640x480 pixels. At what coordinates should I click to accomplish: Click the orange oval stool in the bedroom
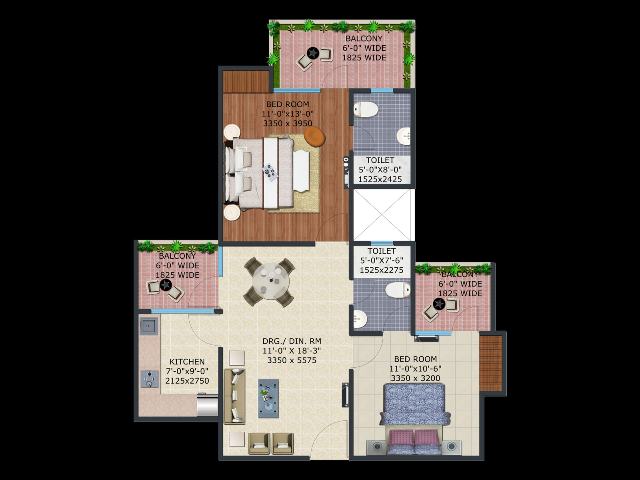coord(314,136)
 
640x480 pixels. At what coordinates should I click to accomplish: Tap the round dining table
coord(271,281)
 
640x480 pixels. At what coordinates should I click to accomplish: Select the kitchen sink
coord(149,326)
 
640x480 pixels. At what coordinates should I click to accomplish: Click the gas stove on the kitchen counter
coord(150,379)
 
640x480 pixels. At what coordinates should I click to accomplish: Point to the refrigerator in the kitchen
coord(207,405)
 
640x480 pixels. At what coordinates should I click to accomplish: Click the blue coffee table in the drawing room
coord(268,398)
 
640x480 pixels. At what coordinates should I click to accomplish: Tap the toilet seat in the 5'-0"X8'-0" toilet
coord(366,110)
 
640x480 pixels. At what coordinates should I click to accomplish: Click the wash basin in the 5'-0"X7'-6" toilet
coord(360,319)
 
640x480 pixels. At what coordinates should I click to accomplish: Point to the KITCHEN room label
coord(187,362)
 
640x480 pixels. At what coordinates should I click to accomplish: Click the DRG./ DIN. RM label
coord(292,341)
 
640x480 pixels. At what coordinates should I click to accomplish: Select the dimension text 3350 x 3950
coord(288,123)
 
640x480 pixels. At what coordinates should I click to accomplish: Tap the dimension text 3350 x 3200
coord(416,378)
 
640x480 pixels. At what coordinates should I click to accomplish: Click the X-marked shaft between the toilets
coord(382,215)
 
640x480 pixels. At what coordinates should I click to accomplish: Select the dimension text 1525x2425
coord(380,179)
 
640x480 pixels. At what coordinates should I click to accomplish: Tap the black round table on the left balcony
coord(166,285)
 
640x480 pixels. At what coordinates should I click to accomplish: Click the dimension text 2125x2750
coord(187,381)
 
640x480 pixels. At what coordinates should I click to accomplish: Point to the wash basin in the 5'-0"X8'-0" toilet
coord(404,136)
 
